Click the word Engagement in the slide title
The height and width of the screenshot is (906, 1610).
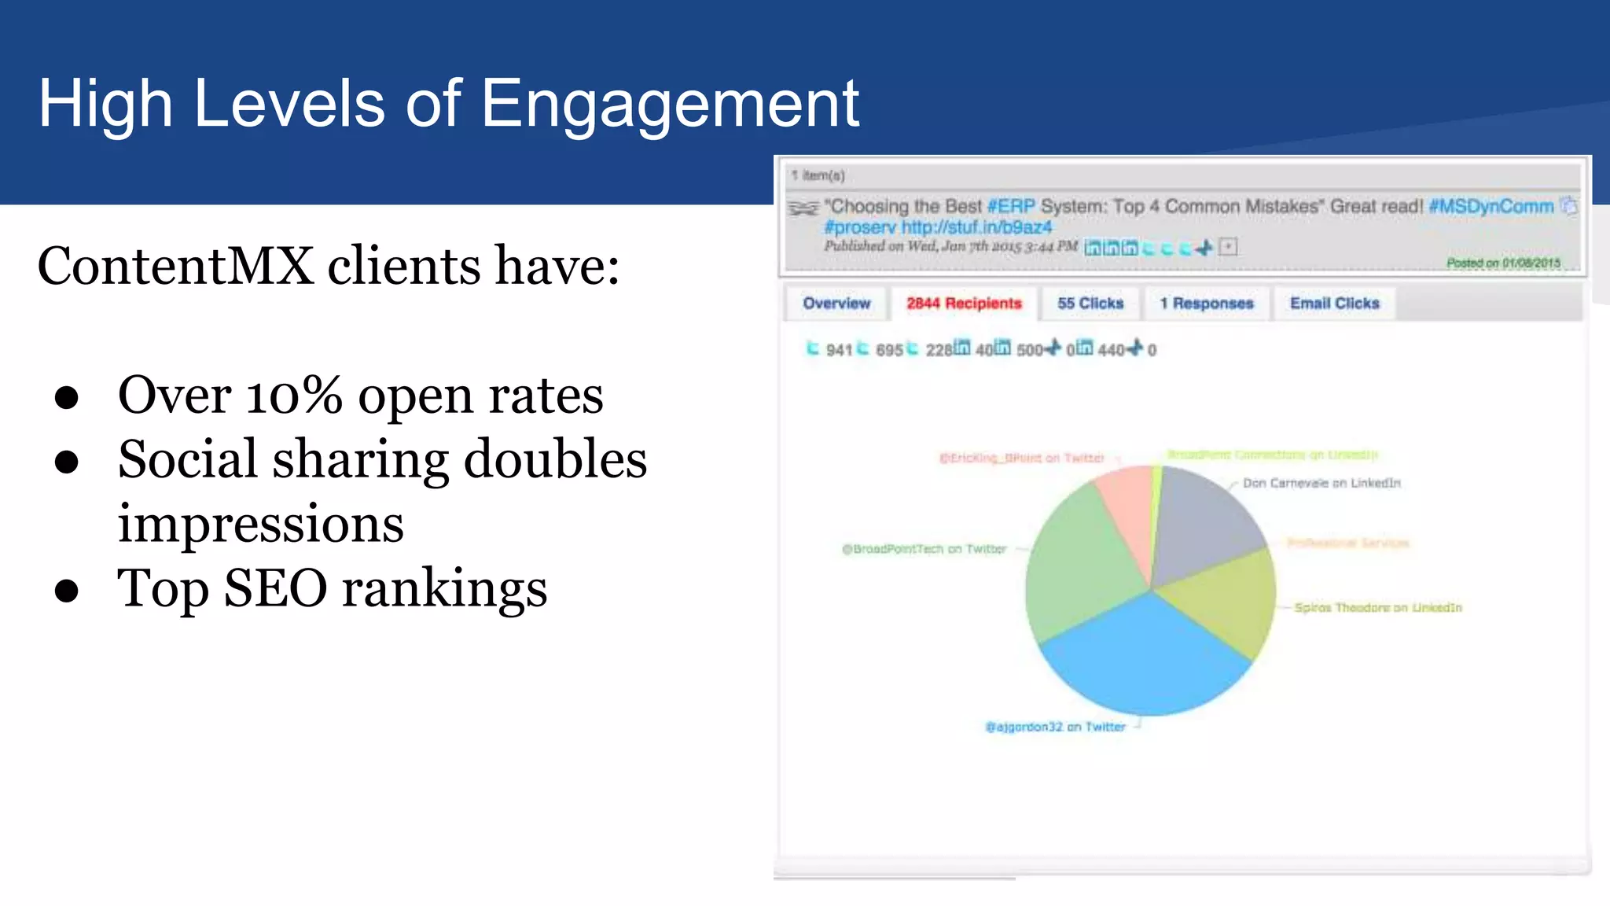click(670, 104)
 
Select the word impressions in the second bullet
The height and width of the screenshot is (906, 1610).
click(260, 524)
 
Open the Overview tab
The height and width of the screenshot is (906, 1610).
click(836, 304)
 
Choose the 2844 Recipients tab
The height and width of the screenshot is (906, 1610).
click(964, 304)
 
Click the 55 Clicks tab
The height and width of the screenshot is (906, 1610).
click(1090, 304)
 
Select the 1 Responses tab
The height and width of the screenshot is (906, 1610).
click(1207, 304)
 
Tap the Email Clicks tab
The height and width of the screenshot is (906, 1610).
click(1335, 304)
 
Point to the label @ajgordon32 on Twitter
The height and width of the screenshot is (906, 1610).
click(1056, 727)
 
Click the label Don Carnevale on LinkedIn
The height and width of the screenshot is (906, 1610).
click(1321, 483)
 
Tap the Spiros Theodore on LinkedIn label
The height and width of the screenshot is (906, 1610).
click(1378, 608)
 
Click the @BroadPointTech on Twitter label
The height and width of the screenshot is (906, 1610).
click(924, 549)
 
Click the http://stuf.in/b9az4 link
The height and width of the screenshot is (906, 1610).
click(976, 227)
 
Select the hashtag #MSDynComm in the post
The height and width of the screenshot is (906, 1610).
click(1491, 207)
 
